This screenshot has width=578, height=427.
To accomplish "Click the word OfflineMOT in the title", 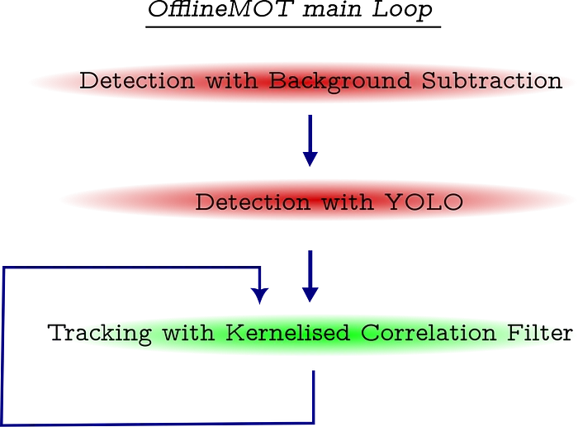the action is click(220, 9).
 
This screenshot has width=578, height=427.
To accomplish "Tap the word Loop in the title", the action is click(402, 11).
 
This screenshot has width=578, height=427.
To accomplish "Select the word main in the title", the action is click(332, 11).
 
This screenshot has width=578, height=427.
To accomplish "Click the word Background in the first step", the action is click(339, 82).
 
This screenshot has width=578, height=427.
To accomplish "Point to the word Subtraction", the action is click(492, 80).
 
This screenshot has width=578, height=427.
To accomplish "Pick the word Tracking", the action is click(100, 334).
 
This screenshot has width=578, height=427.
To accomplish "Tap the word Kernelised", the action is click(287, 332).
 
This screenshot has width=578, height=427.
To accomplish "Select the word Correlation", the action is click(429, 332).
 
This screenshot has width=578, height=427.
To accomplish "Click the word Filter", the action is click(540, 332).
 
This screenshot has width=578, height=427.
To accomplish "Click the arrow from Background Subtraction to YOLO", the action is click(310, 140).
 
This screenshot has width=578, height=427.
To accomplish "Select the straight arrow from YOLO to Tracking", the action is click(310, 276).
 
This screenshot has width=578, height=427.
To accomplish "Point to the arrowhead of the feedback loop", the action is click(260, 296).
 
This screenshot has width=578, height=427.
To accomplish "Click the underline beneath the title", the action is click(293, 27).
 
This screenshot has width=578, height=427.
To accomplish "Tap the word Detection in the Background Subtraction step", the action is click(137, 80).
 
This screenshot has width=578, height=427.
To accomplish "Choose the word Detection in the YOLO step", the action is click(253, 202).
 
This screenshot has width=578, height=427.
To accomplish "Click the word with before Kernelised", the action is click(188, 332).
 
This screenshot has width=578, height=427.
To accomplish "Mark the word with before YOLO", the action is click(348, 202).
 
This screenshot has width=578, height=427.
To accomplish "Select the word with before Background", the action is click(231, 80).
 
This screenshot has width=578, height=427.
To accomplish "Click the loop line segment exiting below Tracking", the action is click(314, 396).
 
